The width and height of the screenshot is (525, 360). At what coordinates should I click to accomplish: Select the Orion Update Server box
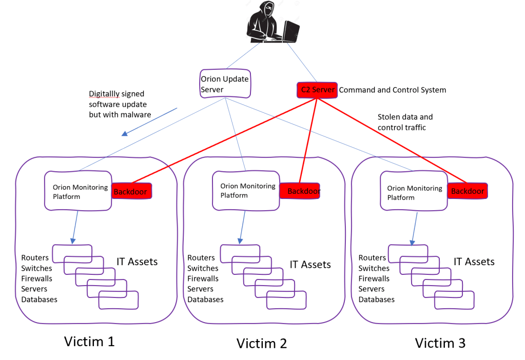coord(225,84)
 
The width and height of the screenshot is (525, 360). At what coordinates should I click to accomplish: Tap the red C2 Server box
coord(317,90)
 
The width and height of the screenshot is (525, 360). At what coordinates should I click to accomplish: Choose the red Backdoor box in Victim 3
coord(467,191)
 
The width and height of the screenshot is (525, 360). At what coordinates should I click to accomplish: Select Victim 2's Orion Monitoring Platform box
coord(246,190)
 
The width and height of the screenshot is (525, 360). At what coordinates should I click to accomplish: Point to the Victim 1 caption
coord(89,341)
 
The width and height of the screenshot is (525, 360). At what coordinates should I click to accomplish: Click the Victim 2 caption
coord(261,343)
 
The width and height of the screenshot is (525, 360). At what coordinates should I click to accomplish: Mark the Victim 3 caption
coord(440,343)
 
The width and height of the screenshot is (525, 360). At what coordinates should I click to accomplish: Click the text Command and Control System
coord(393,90)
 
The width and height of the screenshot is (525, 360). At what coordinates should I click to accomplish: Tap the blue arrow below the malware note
coord(150,122)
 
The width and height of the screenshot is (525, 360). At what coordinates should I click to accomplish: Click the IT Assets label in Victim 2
coord(310,265)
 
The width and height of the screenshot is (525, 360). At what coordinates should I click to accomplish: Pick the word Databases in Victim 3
coord(376,299)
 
